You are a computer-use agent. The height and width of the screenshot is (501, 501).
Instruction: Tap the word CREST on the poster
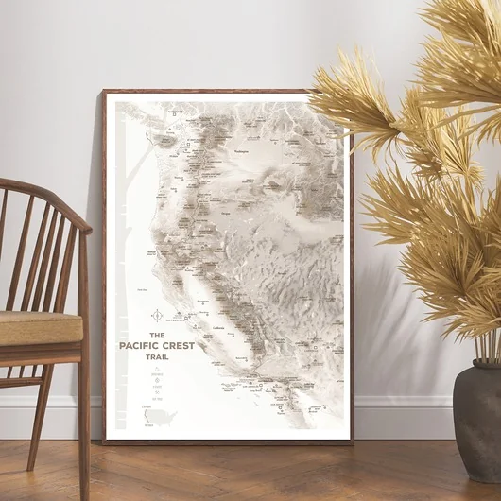click(177, 346)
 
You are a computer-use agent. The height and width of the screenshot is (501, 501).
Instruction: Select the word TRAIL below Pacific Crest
click(158, 357)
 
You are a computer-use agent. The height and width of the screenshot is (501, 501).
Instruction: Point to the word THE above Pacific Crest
click(158, 335)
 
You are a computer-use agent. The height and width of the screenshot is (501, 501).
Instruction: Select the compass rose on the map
click(157, 316)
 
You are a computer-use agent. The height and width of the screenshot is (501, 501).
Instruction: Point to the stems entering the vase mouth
click(486, 355)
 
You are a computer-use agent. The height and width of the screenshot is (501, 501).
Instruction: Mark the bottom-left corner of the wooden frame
click(105, 441)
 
